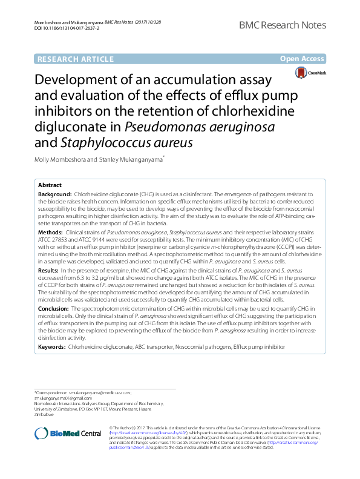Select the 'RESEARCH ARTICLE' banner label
pos(75,59)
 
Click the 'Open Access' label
pos(303,59)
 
